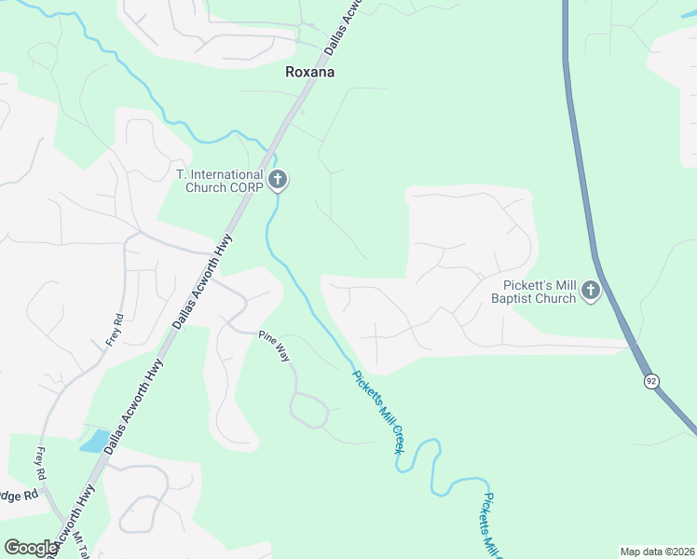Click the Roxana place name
point(309,72)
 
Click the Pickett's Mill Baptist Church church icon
point(590,293)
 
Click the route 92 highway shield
point(651,380)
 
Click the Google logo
point(31,548)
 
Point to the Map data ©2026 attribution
point(656,552)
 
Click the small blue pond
point(95,440)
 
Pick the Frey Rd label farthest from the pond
point(115,328)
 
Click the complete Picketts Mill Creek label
point(378,412)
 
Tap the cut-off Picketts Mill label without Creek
point(493,522)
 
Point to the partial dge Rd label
point(18,495)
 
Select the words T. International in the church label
point(220,174)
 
